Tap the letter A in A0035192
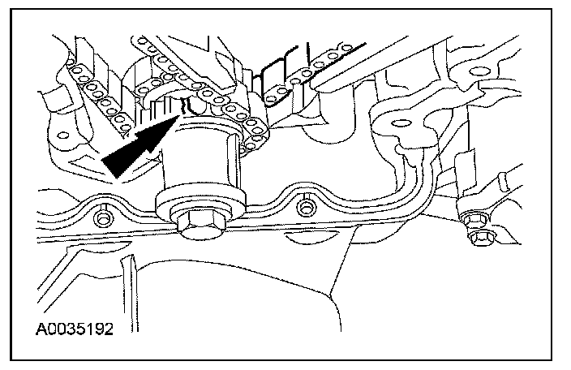(x=39, y=331)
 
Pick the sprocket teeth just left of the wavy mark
(x=166, y=104)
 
